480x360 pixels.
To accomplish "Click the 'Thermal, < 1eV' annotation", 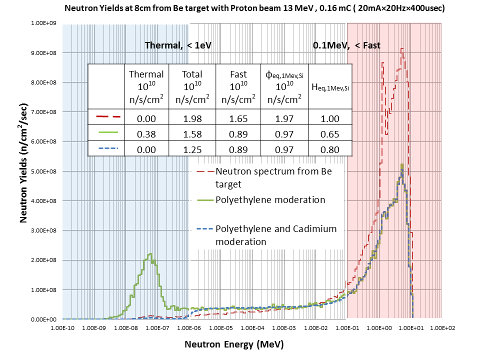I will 178,45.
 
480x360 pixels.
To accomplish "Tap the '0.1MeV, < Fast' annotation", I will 346,45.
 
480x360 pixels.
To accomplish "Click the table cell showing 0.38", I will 146,134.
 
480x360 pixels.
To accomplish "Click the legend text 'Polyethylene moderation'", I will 270,200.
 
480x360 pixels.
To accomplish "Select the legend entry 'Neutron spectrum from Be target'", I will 273,177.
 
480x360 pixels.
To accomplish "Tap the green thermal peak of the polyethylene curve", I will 149,255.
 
